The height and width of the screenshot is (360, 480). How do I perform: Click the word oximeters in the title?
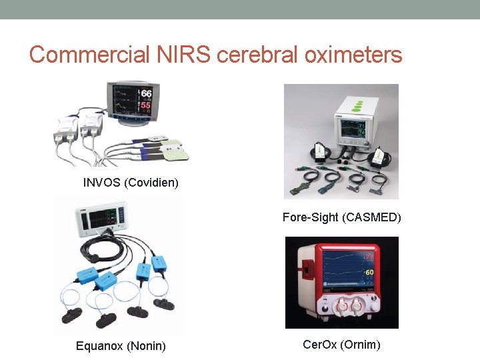click(x=353, y=55)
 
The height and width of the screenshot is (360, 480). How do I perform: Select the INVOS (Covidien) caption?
click(x=131, y=182)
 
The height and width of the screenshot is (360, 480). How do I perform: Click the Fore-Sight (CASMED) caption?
click(x=341, y=217)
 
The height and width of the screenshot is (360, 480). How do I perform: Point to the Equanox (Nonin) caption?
click(x=121, y=345)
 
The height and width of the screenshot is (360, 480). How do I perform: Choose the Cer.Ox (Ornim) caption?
click(x=341, y=345)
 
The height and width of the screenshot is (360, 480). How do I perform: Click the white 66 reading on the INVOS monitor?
click(x=146, y=93)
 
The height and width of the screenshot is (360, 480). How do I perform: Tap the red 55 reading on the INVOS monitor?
click(x=146, y=105)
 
